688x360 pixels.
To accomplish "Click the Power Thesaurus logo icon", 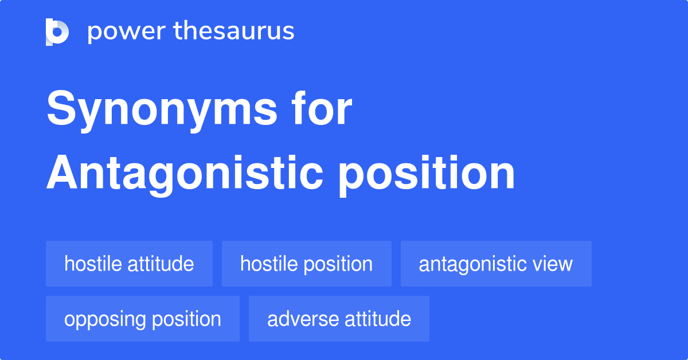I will pyautogui.click(x=57, y=32).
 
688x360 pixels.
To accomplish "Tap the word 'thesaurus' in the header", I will pyautogui.click(x=234, y=32).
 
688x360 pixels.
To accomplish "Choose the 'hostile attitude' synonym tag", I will pyautogui.click(x=129, y=264).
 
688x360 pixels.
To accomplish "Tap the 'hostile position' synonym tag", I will pyautogui.click(x=306, y=264).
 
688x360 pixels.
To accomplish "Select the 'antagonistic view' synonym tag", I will pyautogui.click(x=495, y=264).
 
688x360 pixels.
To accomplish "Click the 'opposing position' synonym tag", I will pyautogui.click(x=142, y=319).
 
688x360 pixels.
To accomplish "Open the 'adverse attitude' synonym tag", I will pyautogui.click(x=339, y=319).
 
